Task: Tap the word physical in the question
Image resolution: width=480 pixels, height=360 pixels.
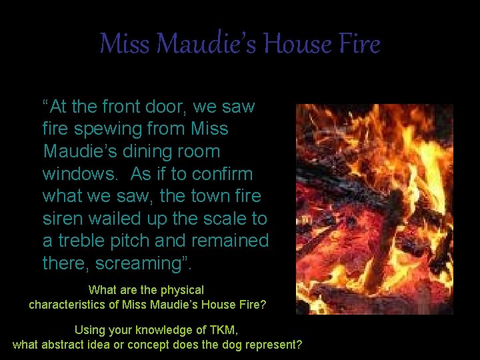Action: point(183,291)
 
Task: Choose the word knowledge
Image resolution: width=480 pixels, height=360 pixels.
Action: point(155,330)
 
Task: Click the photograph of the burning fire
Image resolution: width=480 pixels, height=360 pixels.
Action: point(375,208)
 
